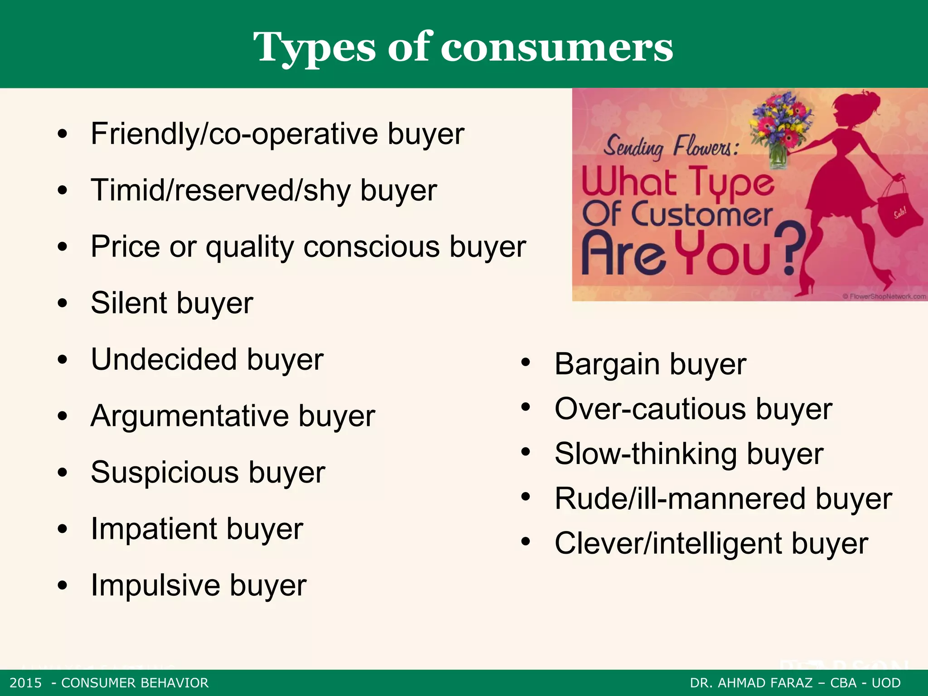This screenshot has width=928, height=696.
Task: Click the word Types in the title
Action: [x=314, y=48]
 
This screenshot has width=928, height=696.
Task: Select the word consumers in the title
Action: [x=557, y=48]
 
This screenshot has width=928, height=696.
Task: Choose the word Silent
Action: [x=128, y=303]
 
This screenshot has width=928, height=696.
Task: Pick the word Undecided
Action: [x=164, y=359]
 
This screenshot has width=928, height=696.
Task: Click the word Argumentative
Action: [x=189, y=416]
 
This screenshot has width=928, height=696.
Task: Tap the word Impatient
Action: [x=154, y=529]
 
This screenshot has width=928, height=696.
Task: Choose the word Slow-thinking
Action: [x=646, y=454]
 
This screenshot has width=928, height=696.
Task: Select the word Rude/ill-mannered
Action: [x=680, y=499]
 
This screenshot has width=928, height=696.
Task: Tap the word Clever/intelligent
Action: [x=668, y=543]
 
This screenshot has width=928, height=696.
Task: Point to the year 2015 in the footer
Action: [x=26, y=683]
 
